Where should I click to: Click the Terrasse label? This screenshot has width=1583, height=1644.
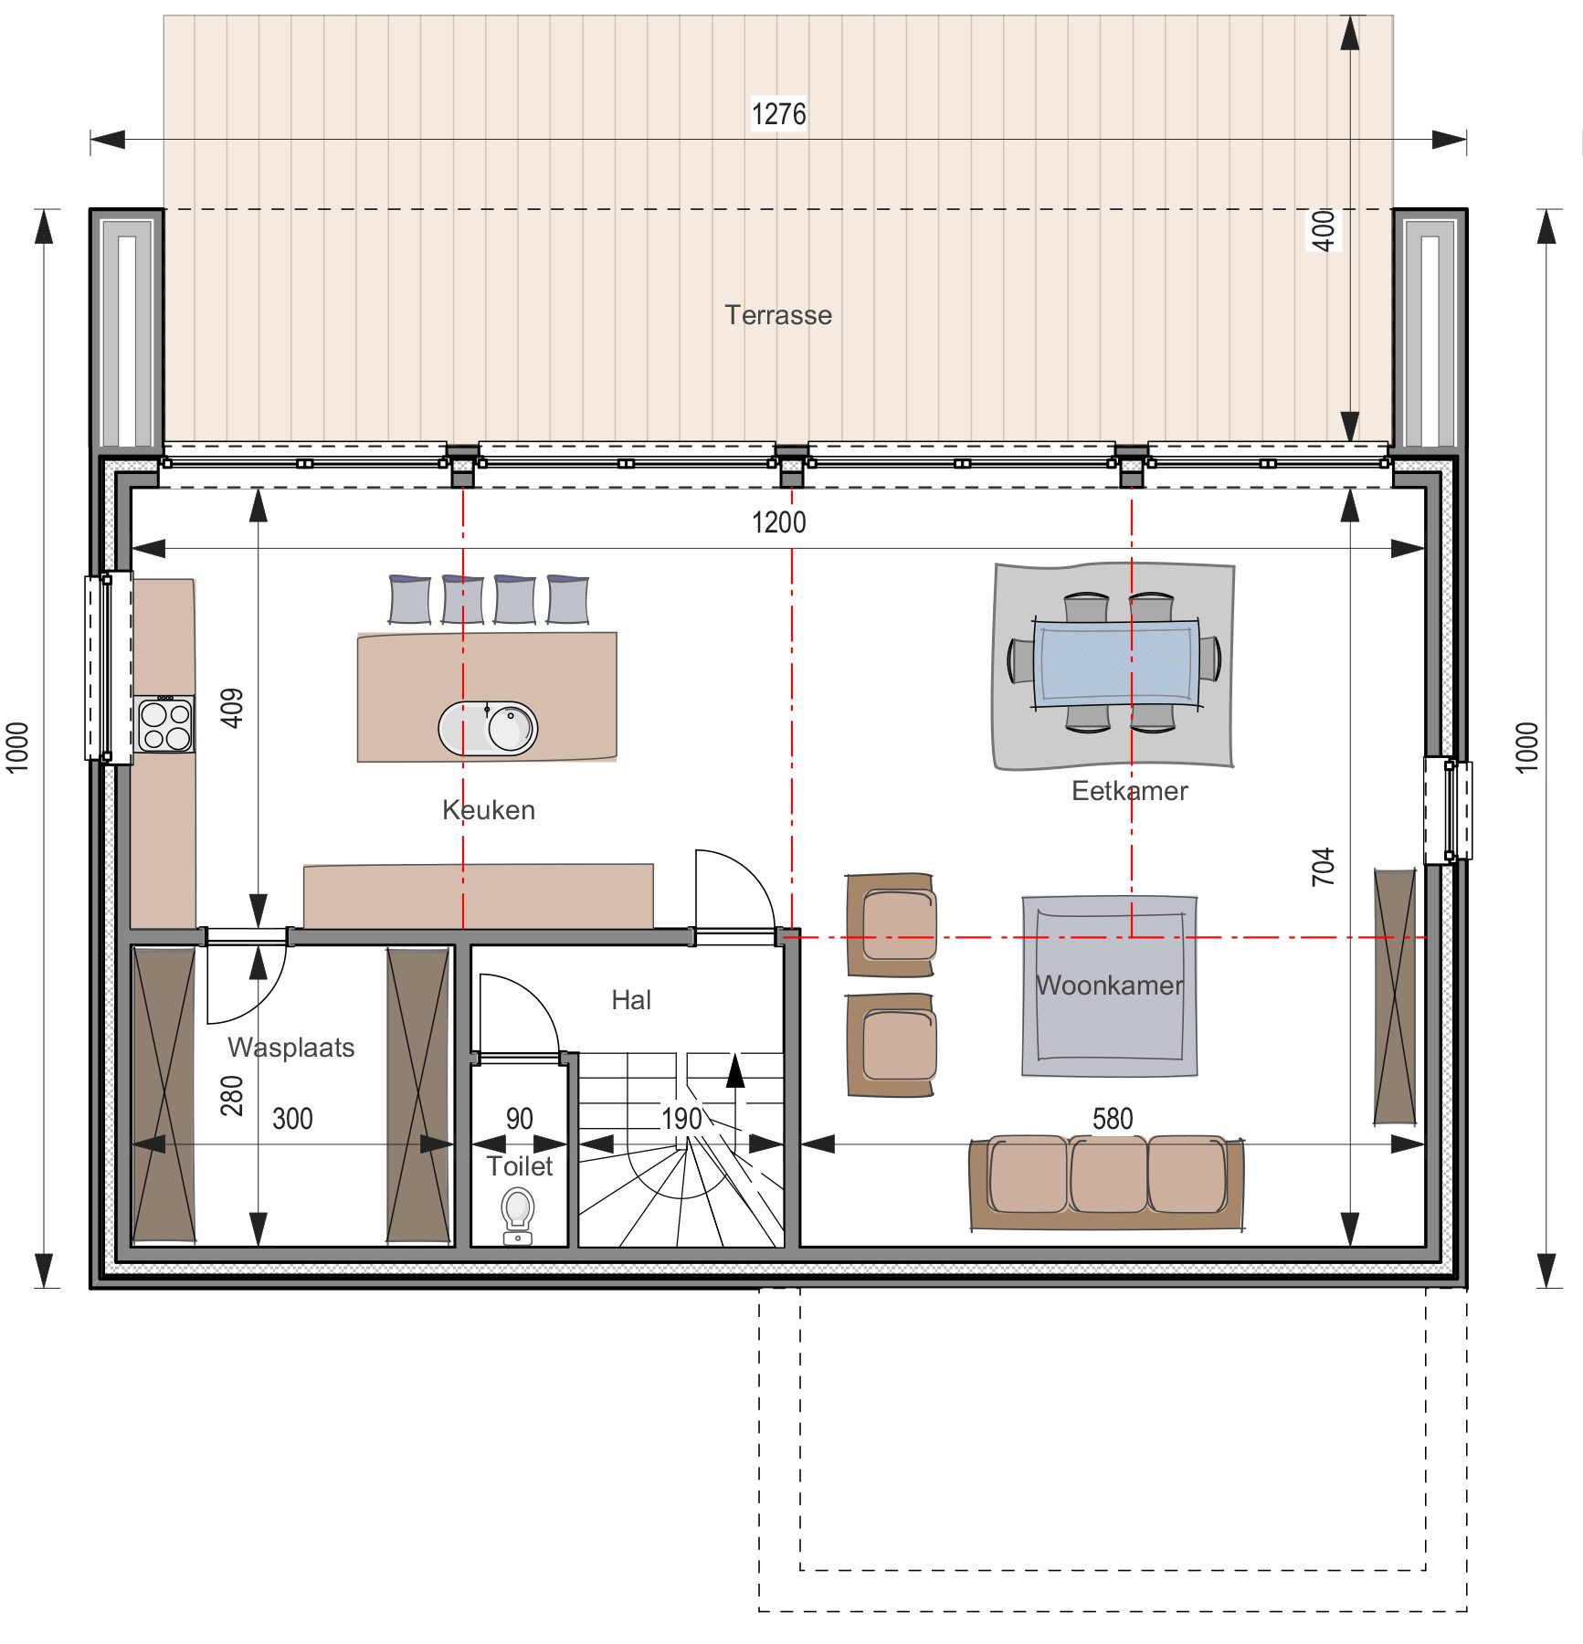tap(778, 315)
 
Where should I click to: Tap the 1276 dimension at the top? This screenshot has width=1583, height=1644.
tap(778, 114)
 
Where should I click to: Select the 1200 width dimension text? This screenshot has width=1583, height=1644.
tap(778, 522)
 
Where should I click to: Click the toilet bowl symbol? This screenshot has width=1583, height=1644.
tap(518, 1216)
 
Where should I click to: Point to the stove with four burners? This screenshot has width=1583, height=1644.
tap(165, 724)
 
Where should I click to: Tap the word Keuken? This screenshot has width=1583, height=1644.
tap(489, 810)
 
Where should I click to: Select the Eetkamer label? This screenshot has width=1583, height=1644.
tap(1130, 791)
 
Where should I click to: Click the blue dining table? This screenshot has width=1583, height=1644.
tap(1116, 663)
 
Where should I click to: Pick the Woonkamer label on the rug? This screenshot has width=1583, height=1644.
tap(1110, 985)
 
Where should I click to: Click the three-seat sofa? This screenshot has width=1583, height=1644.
tap(1106, 1182)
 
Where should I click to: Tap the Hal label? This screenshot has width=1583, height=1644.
tap(631, 1000)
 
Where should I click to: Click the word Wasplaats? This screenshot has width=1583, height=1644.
tap(291, 1048)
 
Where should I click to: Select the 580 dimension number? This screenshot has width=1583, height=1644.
tap(1113, 1119)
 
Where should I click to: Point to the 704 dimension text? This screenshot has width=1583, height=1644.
tap(1323, 867)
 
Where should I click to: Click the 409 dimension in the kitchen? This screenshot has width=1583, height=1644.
tap(232, 708)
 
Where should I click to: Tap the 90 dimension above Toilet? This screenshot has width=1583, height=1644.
tap(519, 1119)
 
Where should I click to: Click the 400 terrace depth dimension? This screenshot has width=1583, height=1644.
tap(1323, 230)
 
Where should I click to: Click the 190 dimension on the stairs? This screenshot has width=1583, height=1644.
tap(681, 1119)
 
